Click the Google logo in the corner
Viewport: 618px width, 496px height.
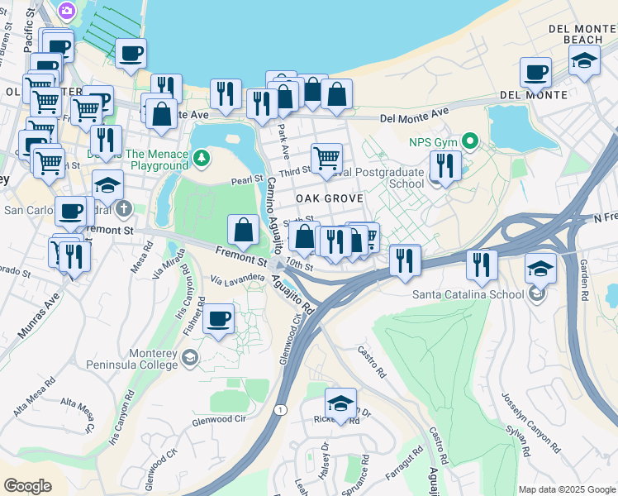27,485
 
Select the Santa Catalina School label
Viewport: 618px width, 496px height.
468,293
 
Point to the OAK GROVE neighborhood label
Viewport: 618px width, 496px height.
330,199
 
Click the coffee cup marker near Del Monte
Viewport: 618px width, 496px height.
536,73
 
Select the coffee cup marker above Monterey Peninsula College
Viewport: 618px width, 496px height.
218,317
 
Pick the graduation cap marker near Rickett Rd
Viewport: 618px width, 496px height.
340,403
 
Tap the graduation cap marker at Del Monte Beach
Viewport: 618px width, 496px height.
584,60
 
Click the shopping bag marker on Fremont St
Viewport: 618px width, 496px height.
244,230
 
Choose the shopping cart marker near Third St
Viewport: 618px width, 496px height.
326,157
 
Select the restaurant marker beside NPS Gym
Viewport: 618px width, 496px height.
445,165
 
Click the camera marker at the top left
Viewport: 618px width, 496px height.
66,11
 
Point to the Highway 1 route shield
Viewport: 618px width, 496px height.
283,410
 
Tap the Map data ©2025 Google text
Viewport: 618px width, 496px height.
566,489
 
